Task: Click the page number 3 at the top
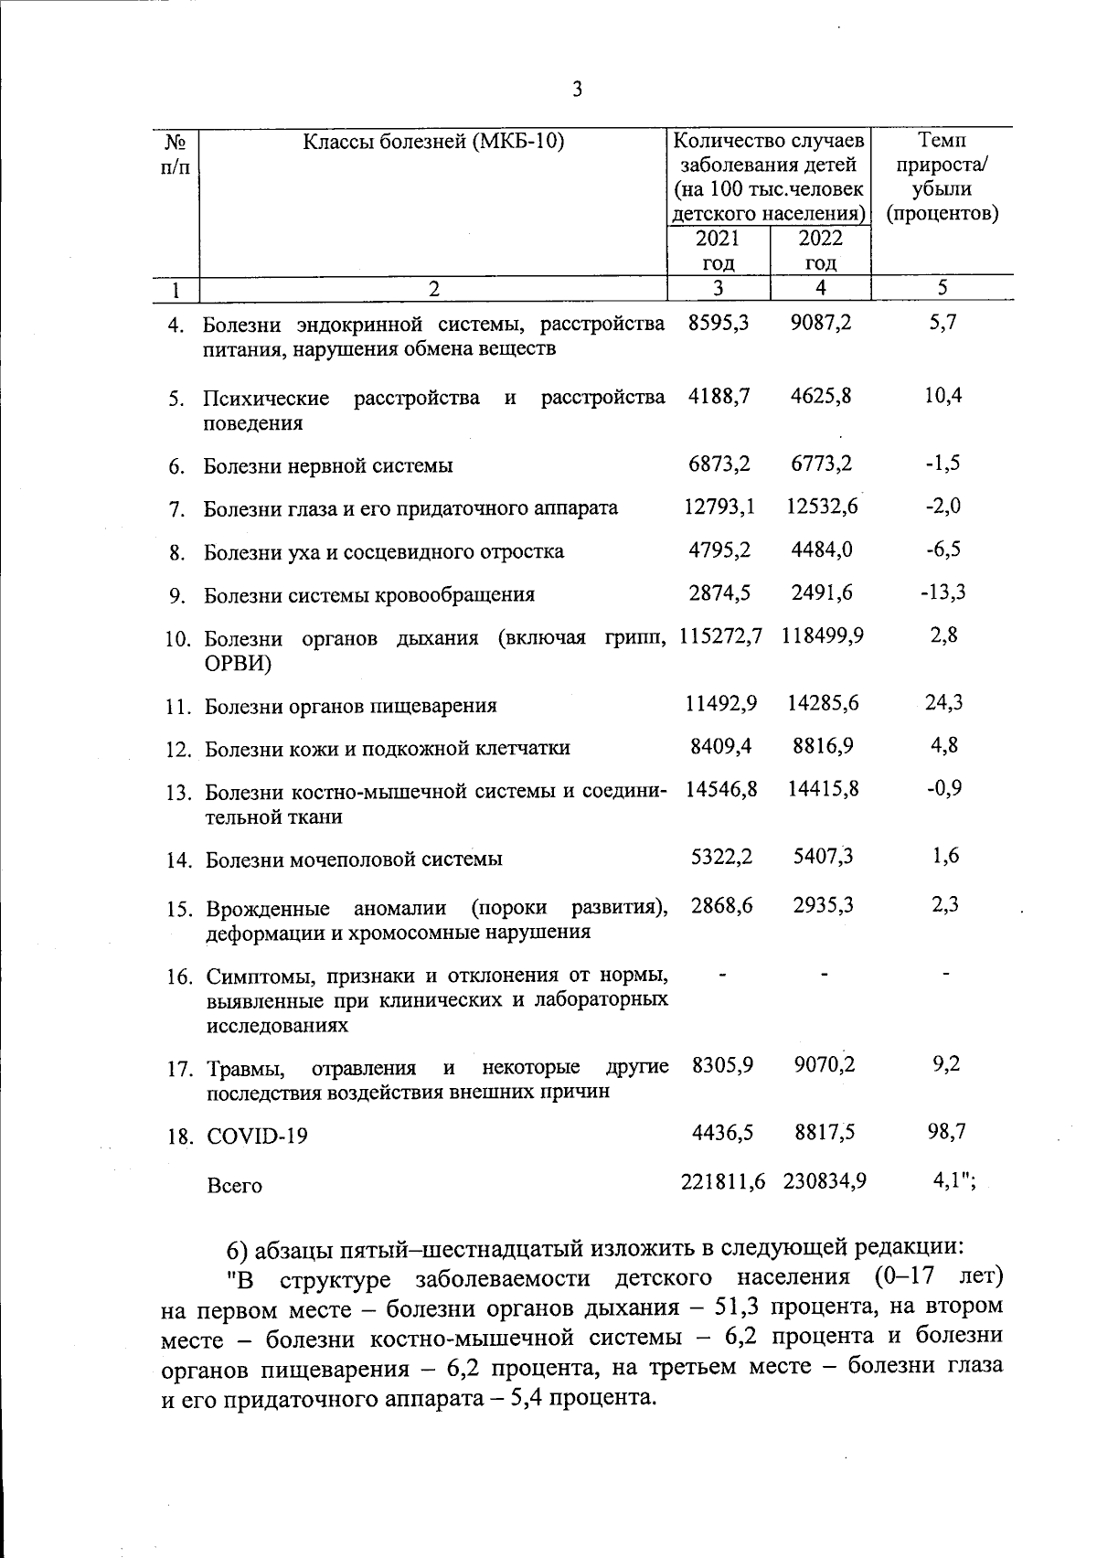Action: tap(576, 89)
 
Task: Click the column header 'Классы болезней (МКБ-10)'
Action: tap(433, 142)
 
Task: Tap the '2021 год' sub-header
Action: tap(719, 251)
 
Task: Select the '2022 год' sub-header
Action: tap(821, 251)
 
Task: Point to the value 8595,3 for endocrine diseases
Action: tap(719, 323)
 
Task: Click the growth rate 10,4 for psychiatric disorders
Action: tap(943, 396)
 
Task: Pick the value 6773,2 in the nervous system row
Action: tap(822, 464)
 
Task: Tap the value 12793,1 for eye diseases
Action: tap(719, 506)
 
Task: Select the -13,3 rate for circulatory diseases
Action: tap(943, 592)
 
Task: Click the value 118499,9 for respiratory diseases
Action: tap(823, 635)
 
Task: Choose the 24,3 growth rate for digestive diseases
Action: tap(943, 703)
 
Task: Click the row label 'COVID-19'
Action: tap(257, 1136)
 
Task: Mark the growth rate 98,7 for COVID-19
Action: tap(946, 1132)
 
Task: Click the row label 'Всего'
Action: tap(234, 1186)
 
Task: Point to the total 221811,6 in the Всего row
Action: tap(723, 1181)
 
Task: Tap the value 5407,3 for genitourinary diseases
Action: tap(823, 858)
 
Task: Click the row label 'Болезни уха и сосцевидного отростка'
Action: tap(383, 552)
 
